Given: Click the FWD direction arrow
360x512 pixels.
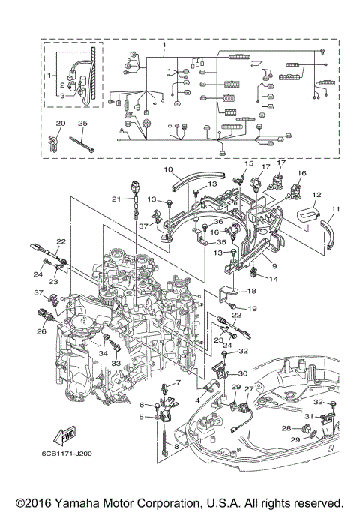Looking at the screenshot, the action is point(64,436).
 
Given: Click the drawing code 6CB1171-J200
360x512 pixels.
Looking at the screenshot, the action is point(67,454).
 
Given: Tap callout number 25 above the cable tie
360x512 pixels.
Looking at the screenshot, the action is point(83,124).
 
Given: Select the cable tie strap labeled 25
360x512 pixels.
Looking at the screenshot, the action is point(82,144).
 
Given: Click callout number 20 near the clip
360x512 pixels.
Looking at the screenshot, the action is point(61,124).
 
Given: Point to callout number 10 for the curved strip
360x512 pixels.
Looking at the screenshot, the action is point(168,169).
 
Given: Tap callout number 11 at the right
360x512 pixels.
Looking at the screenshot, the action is point(335,209).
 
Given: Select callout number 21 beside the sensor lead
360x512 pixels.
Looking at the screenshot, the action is point(116,199).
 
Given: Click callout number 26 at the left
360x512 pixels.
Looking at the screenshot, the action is point(41,331).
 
